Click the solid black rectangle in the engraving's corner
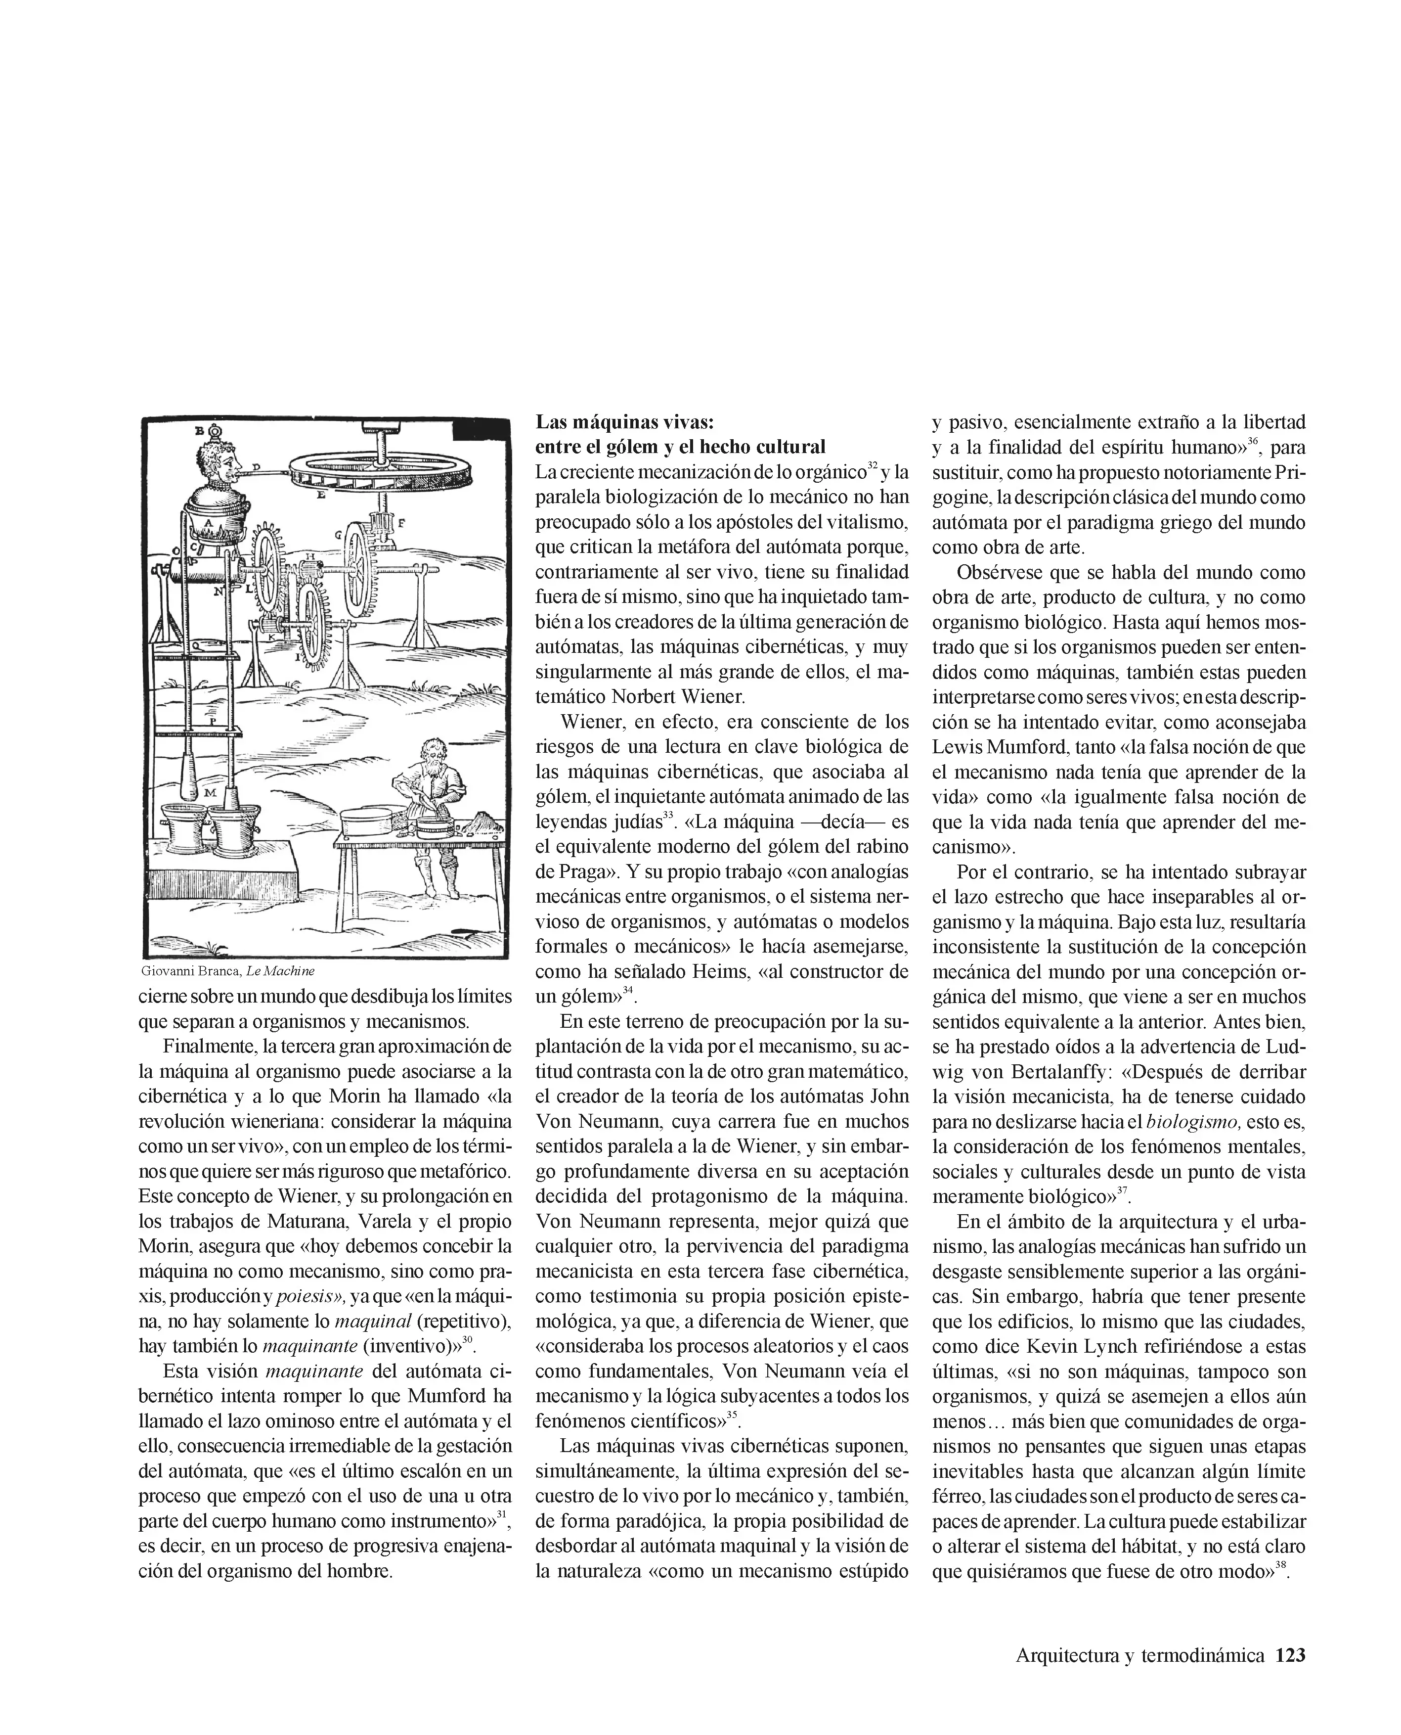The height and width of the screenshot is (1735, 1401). pyautogui.click(x=482, y=429)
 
